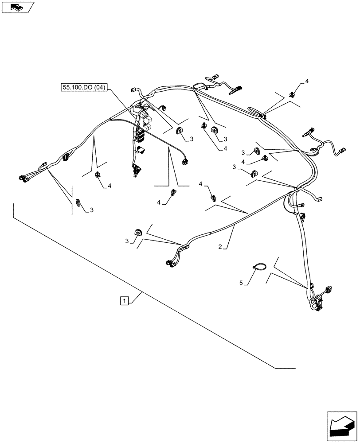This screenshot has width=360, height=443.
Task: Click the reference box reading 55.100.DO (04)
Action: click(84, 88)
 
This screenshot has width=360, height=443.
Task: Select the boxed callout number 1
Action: click(125, 301)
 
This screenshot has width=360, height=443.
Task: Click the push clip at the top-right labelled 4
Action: click(293, 93)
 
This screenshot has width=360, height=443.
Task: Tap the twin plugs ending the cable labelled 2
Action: click(170, 263)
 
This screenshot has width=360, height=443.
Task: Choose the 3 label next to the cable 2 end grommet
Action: click(127, 241)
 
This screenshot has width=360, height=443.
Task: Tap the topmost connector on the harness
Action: click(216, 77)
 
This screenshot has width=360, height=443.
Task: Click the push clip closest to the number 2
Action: click(213, 195)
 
